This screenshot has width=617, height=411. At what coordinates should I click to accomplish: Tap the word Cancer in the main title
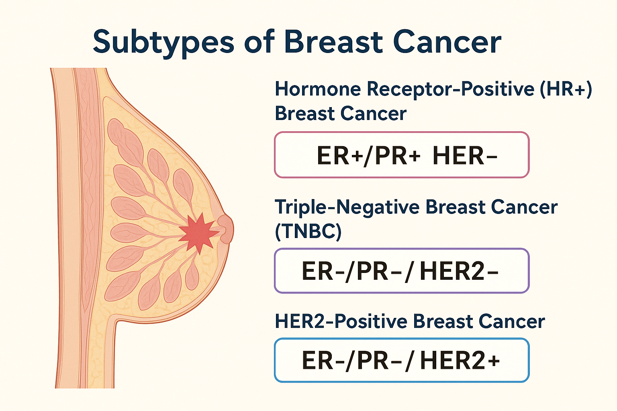click(x=447, y=42)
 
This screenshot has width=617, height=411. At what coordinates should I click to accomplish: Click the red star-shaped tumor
click(x=198, y=233)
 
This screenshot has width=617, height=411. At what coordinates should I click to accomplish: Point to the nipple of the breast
click(x=226, y=229)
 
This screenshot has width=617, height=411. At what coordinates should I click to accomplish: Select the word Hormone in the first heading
click(x=318, y=89)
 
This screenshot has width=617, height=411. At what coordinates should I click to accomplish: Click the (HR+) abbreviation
click(x=566, y=89)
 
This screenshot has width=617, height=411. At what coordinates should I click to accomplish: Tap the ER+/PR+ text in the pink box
click(x=368, y=156)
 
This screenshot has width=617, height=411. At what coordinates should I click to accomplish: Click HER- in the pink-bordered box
click(x=465, y=156)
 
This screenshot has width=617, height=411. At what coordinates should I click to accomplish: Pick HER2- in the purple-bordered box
click(x=459, y=271)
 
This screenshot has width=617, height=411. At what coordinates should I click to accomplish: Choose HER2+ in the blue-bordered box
click(x=460, y=360)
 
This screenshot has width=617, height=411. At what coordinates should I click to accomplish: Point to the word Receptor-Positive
click(x=451, y=89)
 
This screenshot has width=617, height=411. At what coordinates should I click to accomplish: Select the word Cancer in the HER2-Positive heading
click(x=512, y=321)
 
